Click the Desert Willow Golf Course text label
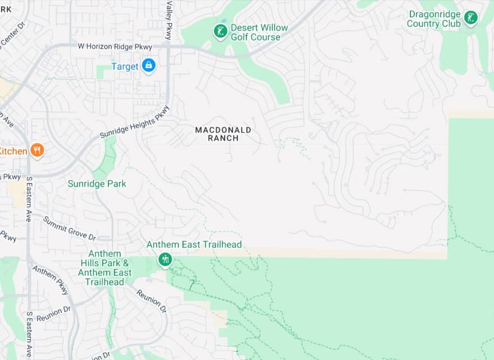259,33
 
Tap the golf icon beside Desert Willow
221,31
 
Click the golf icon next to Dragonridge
471,18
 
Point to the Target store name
125,66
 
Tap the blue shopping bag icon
148,66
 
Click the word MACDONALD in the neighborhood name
223,130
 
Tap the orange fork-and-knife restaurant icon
37,150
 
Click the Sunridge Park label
97,184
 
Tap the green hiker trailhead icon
164,259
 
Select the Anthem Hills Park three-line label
104,268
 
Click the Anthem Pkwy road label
51,280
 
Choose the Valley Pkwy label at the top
168,20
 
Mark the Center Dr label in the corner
12,34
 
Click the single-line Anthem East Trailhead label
194,244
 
